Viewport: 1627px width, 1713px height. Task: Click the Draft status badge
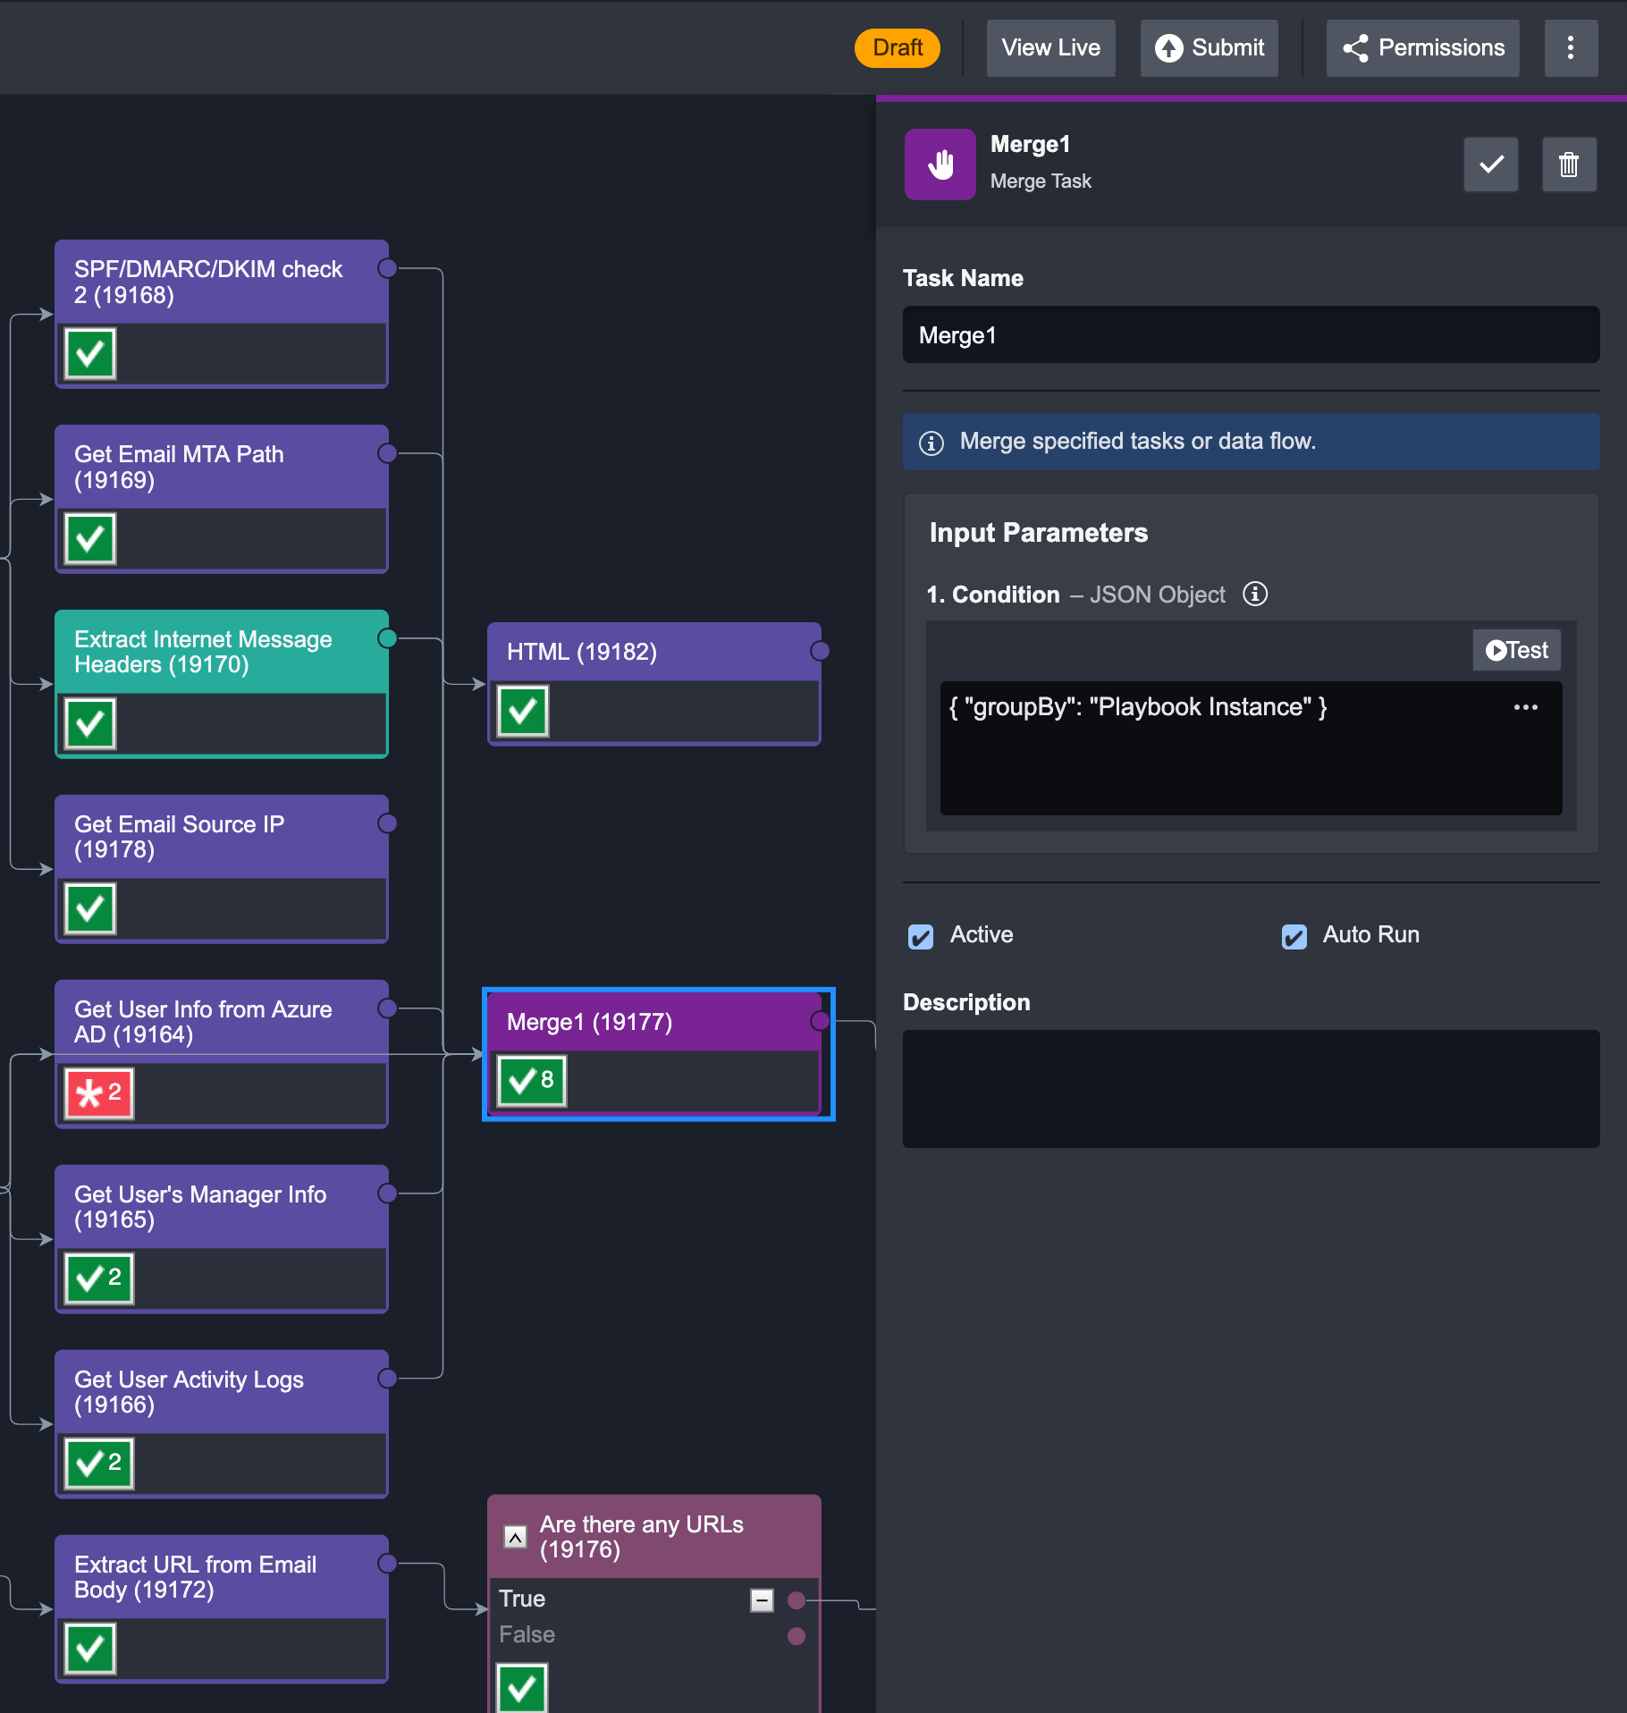coord(897,47)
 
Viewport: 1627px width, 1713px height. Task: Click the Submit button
coord(1209,47)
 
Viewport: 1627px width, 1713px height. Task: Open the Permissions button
coord(1422,47)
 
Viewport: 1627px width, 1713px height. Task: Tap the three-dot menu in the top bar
coord(1571,47)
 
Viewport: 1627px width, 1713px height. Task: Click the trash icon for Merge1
coord(1569,165)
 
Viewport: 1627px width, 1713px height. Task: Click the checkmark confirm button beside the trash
coord(1490,165)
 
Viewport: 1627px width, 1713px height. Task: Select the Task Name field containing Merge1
coord(1251,335)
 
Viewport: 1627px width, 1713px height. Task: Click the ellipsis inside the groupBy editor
coord(1525,707)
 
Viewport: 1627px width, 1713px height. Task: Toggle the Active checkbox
coord(921,936)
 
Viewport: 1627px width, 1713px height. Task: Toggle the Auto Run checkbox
coord(1294,936)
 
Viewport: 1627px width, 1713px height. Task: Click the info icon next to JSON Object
coord(1255,595)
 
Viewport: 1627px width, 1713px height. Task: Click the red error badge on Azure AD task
coord(99,1093)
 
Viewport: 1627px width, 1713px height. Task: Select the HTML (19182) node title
coord(582,652)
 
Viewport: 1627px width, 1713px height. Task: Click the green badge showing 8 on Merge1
coord(532,1081)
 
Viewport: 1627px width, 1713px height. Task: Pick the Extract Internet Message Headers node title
coord(203,652)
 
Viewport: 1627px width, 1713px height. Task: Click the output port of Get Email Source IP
coord(387,823)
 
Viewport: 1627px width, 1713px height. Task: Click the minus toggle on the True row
coord(762,1599)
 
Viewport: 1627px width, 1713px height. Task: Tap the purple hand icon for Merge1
coord(940,165)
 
